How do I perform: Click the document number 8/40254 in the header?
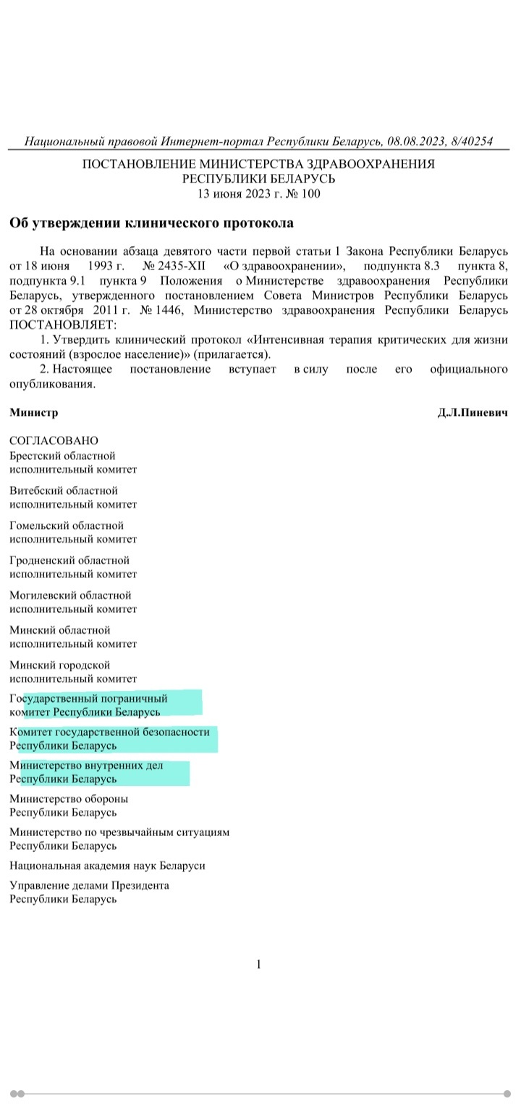coord(470,141)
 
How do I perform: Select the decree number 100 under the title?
coord(310,193)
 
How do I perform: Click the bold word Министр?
coord(33,412)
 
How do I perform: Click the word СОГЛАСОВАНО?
coord(54,440)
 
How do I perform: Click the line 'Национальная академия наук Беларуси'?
coord(107,865)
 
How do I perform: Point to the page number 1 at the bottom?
coord(259,964)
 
